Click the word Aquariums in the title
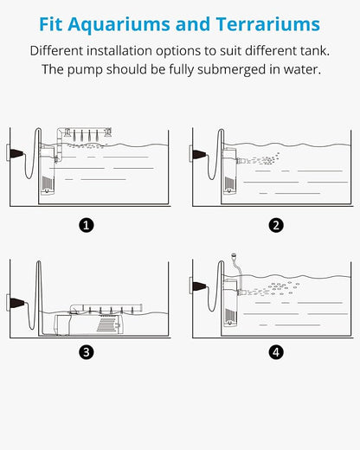click(119, 25)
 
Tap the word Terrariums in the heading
click(268, 24)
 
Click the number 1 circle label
click(87, 225)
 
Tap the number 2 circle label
click(276, 225)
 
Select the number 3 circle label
click(87, 352)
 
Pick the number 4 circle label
click(276, 352)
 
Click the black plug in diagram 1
click(16, 153)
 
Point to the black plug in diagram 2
click(199, 154)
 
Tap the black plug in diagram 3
click(16, 303)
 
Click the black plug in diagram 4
click(199, 286)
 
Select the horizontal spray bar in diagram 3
click(106, 307)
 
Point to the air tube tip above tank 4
click(234, 255)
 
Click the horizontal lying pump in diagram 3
click(89, 325)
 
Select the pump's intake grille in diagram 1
click(47, 182)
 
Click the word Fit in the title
click(51, 24)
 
